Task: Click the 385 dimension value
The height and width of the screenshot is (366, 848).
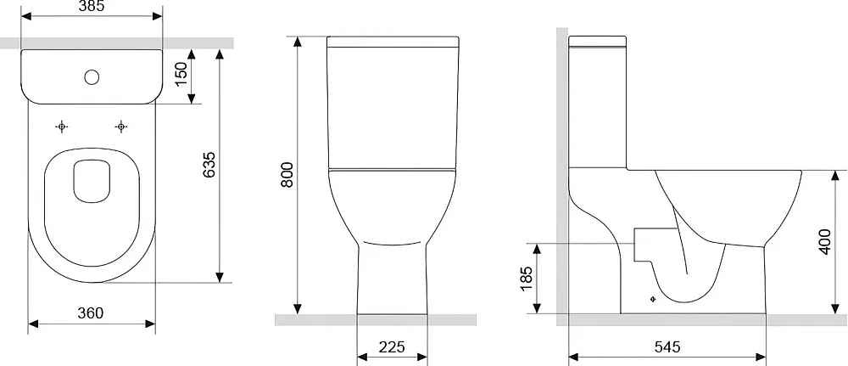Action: pyautogui.click(x=92, y=6)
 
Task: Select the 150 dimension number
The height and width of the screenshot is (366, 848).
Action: pyautogui.click(x=181, y=74)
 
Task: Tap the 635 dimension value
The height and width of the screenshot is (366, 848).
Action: pyautogui.click(x=209, y=164)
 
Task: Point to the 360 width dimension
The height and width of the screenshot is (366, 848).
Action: pyautogui.click(x=91, y=313)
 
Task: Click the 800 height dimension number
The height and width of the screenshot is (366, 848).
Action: pyautogui.click(x=287, y=174)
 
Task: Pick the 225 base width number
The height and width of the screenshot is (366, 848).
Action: pyautogui.click(x=392, y=347)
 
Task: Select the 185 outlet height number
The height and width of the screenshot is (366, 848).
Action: pyautogui.click(x=527, y=279)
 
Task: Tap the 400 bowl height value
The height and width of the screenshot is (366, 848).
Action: pyautogui.click(x=824, y=241)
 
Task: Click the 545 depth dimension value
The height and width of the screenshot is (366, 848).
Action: pyautogui.click(x=667, y=347)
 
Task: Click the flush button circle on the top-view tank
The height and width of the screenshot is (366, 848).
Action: pyautogui.click(x=92, y=77)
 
